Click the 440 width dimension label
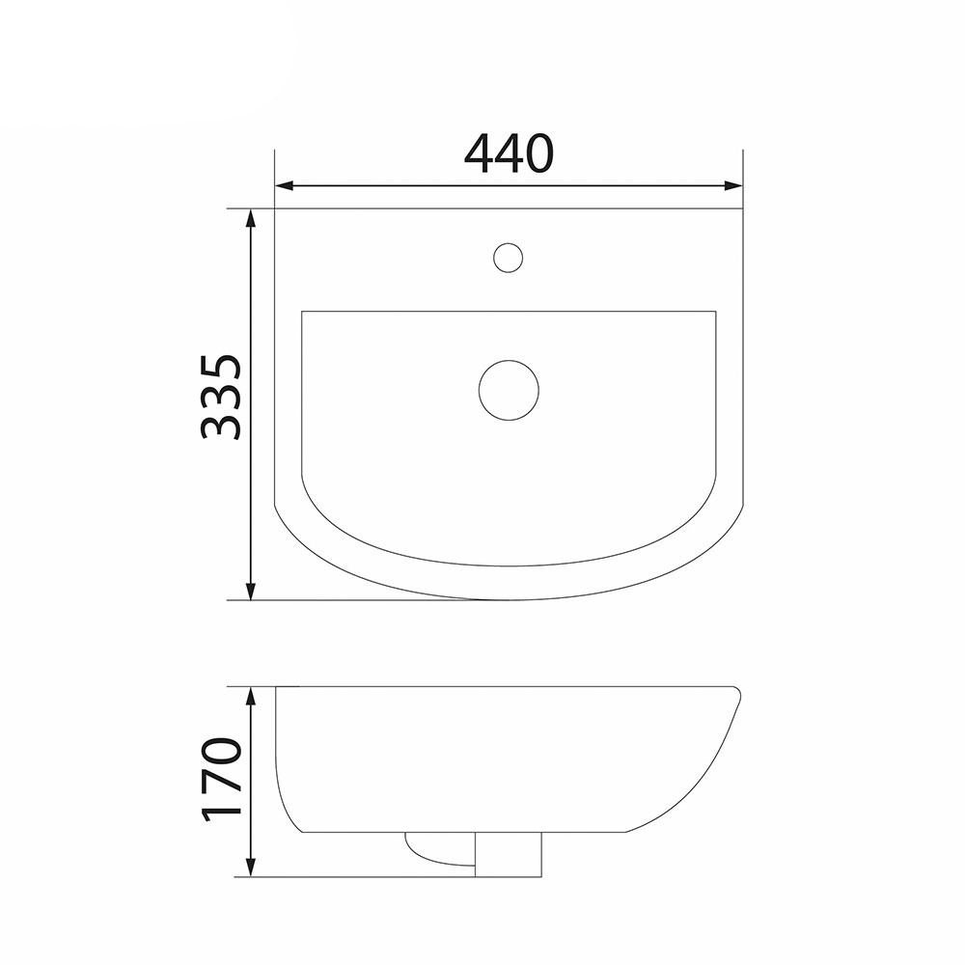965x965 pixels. click(x=509, y=152)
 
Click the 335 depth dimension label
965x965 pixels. click(x=220, y=397)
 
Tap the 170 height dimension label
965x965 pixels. click(x=220, y=779)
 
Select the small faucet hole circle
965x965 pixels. click(x=509, y=258)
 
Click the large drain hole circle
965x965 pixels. click(x=509, y=390)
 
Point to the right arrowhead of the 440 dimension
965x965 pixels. click(x=733, y=185)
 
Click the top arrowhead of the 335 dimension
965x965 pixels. click(x=250, y=218)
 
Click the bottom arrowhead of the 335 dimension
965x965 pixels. click(x=250, y=591)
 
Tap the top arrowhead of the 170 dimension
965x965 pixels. click(x=250, y=696)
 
